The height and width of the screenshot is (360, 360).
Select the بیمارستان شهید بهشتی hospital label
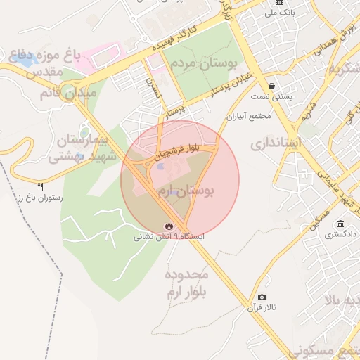[68, 148]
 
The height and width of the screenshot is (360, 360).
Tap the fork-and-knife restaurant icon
[41, 187]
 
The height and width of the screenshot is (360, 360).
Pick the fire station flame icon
[169, 226]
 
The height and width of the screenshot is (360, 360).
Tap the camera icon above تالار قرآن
[262, 297]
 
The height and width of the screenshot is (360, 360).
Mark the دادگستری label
[340, 234]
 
